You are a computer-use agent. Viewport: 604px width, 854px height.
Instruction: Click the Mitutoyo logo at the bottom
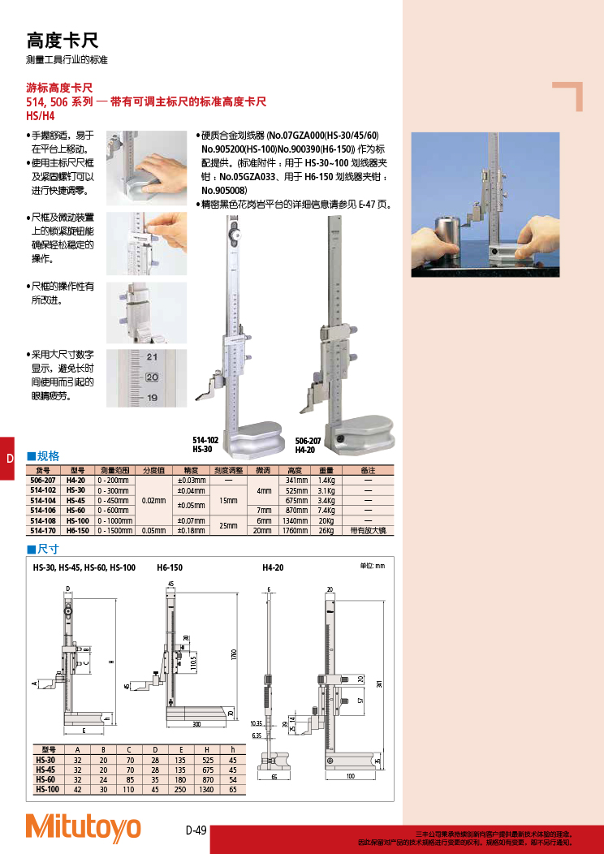83,827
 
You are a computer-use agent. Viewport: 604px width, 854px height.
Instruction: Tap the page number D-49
196,830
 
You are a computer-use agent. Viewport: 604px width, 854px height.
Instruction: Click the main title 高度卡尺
63,41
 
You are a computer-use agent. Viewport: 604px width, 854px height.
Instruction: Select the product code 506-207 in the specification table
42,481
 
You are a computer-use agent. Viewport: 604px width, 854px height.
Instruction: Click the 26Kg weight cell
326,530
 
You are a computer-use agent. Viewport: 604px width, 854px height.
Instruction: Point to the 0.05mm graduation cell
154,530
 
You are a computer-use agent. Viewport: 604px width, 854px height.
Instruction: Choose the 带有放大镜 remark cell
368,530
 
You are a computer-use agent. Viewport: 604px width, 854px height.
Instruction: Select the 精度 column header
192,470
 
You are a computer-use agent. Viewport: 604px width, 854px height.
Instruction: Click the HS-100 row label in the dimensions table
47,789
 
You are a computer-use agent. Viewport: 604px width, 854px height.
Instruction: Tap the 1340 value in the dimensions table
208,789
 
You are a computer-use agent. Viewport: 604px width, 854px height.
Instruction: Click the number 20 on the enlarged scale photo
152,377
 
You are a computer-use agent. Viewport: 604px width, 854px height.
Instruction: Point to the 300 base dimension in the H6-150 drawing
196,723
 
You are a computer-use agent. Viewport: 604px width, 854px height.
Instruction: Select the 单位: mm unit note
372,566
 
